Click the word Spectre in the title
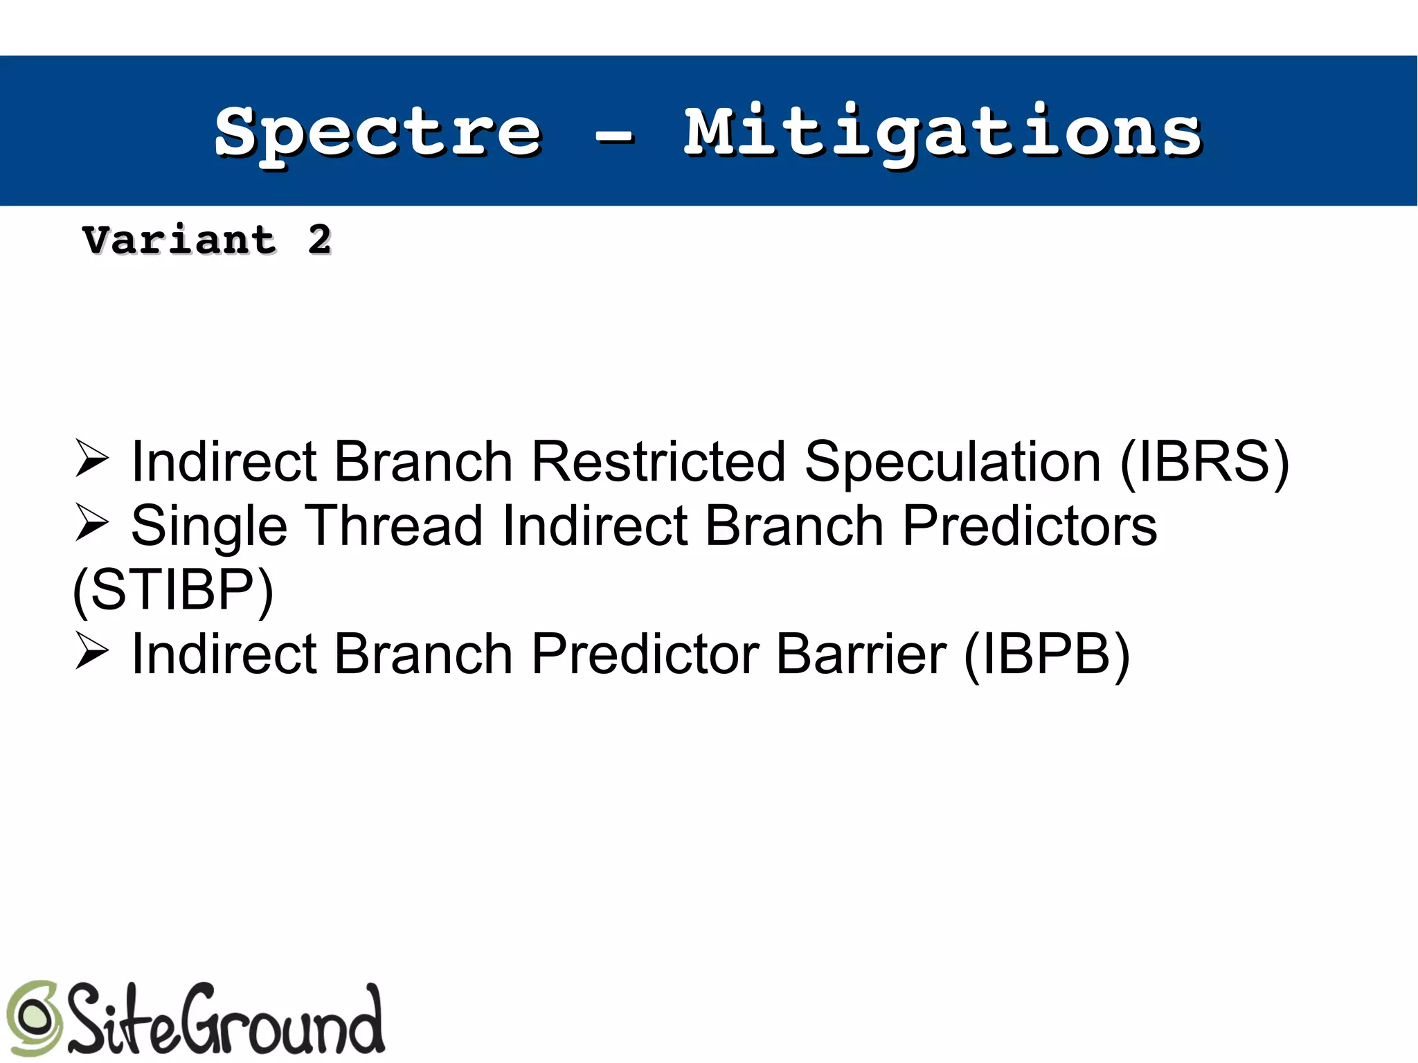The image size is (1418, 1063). click(378, 133)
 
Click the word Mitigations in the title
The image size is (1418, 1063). click(942, 133)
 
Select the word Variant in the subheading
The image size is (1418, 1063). click(179, 240)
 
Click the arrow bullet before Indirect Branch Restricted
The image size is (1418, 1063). click(91, 458)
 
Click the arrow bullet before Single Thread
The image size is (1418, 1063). click(91, 523)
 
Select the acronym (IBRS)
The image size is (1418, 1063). click(1204, 462)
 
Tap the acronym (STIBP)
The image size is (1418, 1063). click(173, 590)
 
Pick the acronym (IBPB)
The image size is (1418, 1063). click(1046, 654)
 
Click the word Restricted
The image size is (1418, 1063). click(658, 462)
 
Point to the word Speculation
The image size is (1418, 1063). click(952, 462)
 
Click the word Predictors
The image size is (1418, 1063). click(1029, 526)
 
